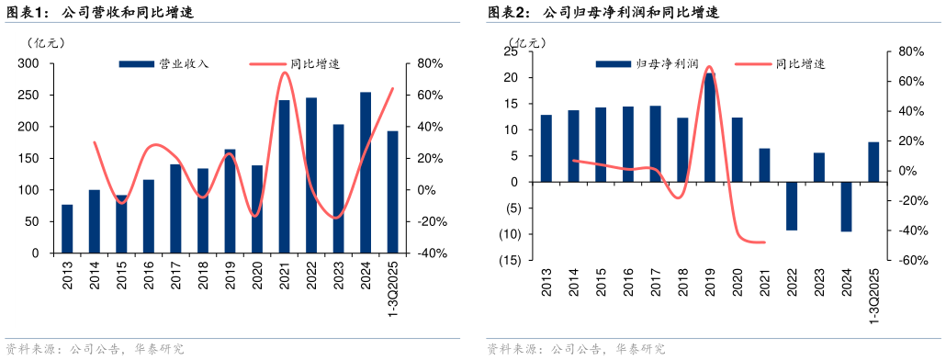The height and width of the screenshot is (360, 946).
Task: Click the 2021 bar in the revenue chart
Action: click(284, 176)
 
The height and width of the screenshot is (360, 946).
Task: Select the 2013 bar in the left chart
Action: click(67, 229)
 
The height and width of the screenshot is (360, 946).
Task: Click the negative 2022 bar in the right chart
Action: click(792, 206)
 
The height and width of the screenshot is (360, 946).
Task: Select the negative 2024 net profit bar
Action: click(846, 207)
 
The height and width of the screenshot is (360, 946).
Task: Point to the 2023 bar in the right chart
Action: click(819, 167)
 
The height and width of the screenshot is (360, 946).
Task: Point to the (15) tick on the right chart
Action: click(510, 260)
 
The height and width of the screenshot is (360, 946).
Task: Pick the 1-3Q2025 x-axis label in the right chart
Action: click(873, 292)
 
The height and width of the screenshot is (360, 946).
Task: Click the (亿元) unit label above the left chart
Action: click(46, 42)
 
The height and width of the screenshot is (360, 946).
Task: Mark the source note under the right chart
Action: click(575, 349)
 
